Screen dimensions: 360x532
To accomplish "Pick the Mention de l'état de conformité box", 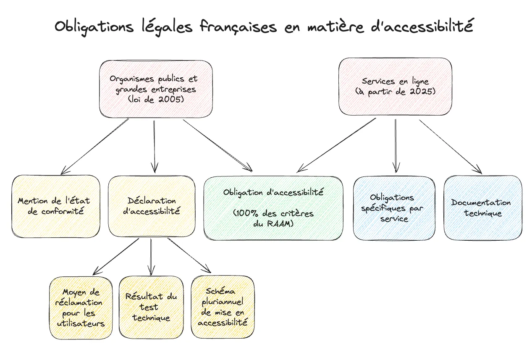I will (56, 206).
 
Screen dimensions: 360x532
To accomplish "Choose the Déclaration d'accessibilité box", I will (152, 206).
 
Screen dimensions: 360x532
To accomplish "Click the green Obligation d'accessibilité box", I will (273, 208).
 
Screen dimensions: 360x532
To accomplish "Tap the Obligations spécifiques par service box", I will (394, 208).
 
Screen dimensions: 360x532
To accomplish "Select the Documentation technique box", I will (483, 208).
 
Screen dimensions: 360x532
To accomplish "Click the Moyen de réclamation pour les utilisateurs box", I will (81, 307).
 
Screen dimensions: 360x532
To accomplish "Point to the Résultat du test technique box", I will (151, 307).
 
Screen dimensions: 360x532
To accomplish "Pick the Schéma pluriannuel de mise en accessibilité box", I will (223, 307).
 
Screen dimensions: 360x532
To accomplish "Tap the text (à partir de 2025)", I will (395, 92).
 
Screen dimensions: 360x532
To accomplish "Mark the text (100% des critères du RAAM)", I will (273, 218).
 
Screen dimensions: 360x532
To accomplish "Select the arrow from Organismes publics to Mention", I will (95, 146).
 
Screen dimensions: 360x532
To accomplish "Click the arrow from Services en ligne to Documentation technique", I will (451, 147).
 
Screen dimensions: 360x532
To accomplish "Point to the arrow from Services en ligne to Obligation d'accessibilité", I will (336, 145).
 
